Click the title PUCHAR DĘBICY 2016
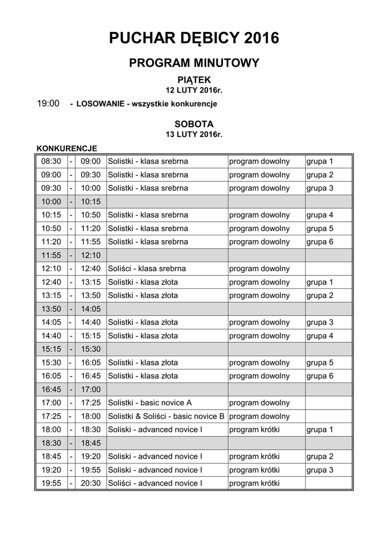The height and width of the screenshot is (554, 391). point(194,38)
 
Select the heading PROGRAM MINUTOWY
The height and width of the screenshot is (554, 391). point(194,63)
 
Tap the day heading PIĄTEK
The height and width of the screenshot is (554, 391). point(194,80)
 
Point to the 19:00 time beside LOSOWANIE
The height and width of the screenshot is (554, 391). point(48,103)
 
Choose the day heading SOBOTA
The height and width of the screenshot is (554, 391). point(194,124)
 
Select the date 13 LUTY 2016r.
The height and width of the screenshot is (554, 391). point(194,134)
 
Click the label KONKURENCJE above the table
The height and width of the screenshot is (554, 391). point(66,148)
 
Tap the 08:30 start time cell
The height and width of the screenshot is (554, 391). point(51,161)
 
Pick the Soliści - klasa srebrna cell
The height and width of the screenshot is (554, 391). point(147,268)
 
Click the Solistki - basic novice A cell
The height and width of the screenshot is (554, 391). point(150,403)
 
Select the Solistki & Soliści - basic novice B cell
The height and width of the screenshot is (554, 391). point(166,416)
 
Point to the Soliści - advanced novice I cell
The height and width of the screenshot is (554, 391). point(155,483)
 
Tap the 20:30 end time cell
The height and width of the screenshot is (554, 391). point(91,483)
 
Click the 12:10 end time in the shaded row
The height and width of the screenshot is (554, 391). point(91,255)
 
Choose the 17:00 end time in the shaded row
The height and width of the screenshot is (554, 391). point(91,389)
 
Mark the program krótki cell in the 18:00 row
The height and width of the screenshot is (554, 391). point(254,430)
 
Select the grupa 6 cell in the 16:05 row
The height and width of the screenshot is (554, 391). point(320,376)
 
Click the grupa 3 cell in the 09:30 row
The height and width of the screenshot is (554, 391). point(320,188)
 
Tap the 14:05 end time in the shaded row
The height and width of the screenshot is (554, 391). point(91,308)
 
